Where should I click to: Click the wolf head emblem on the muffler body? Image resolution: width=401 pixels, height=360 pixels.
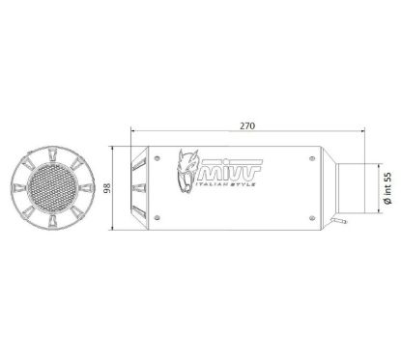[x=186, y=177]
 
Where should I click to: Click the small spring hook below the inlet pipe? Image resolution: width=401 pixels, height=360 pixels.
[x=343, y=224]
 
